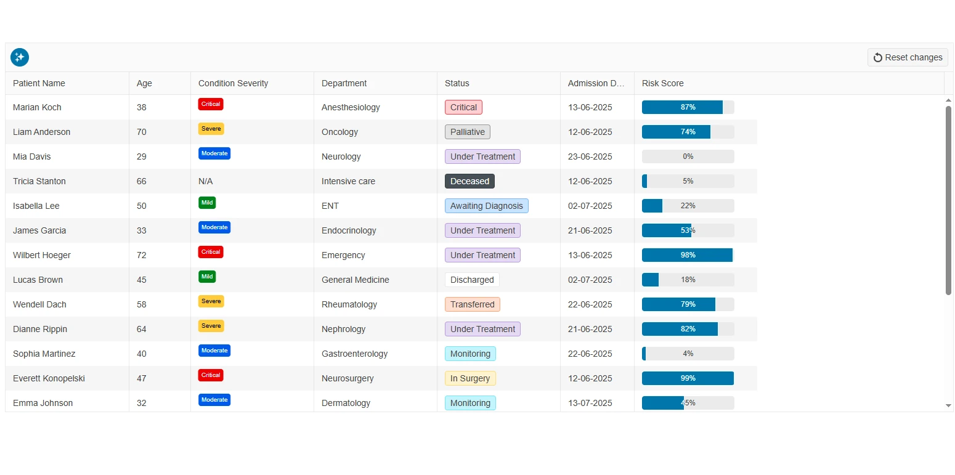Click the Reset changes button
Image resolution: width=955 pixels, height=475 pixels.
(x=908, y=57)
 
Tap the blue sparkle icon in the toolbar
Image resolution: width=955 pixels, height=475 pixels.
(x=20, y=57)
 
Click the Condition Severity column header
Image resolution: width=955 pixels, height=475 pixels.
(x=233, y=83)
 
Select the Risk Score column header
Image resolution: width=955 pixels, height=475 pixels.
(x=662, y=83)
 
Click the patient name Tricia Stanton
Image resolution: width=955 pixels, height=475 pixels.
(x=39, y=181)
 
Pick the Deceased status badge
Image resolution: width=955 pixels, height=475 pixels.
(x=469, y=181)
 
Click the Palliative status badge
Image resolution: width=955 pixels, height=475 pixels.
(x=467, y=132)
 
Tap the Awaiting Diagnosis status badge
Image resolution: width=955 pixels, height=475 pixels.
(x=486, y=206)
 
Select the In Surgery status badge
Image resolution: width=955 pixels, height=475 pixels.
(x=470, y=378)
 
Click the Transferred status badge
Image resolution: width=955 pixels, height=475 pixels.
(x=472, y=304)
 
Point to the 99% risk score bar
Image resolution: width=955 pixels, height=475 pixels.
(x=688, y=378)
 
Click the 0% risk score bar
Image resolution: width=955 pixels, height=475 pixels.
(x=688, y=156)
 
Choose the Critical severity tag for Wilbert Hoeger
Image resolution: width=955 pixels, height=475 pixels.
(x=211, y=252)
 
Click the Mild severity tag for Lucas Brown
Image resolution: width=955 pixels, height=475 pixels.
(x=207, y=277)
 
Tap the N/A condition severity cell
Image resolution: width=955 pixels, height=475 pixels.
(x=205, y=181)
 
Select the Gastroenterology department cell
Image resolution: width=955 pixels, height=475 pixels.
(x=354, y=354)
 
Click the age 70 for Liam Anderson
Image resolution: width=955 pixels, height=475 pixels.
(x=142, y=132)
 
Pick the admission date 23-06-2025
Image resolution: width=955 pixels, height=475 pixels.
(x=590, y=156)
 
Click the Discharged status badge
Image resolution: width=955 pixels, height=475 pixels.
(x=472, y=280)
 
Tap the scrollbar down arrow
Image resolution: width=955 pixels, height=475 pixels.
(x=948, y=405)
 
